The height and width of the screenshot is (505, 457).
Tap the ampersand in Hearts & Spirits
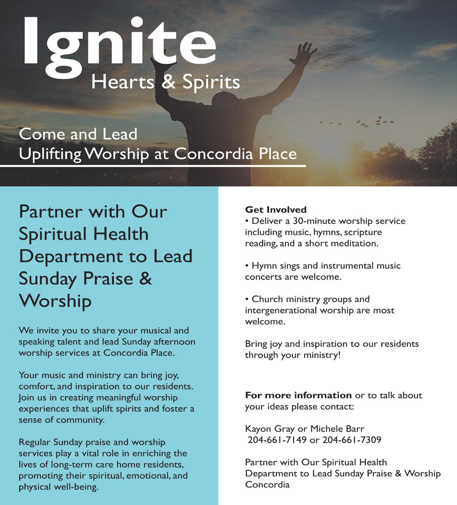pos(169,82)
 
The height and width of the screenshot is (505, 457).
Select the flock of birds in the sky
pos(362,122)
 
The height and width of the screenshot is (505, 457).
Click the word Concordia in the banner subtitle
pos(214,154)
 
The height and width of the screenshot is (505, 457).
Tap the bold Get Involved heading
pos(276,210)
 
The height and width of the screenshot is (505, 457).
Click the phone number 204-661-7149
pos(277,440)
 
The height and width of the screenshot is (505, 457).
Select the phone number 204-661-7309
pos(352,440)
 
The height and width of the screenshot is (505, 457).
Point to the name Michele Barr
pos(337,429)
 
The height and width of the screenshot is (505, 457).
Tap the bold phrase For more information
pos(298,395)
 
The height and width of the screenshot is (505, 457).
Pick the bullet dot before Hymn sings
pos(247,266)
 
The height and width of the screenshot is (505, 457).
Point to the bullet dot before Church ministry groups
pos(247,299)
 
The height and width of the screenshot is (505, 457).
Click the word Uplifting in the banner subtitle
pos(50,155)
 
